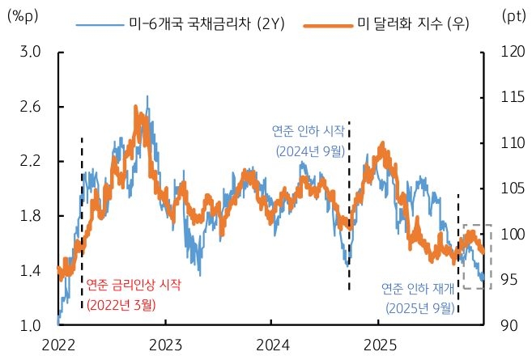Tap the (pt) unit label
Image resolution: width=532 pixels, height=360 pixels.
[513, 16]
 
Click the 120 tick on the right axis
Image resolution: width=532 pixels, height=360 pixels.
[507, 53]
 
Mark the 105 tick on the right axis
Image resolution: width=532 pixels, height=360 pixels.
[507, 188]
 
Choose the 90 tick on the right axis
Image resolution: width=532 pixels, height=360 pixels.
[507, 325]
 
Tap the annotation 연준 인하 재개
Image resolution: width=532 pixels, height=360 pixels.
[417, 289]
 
